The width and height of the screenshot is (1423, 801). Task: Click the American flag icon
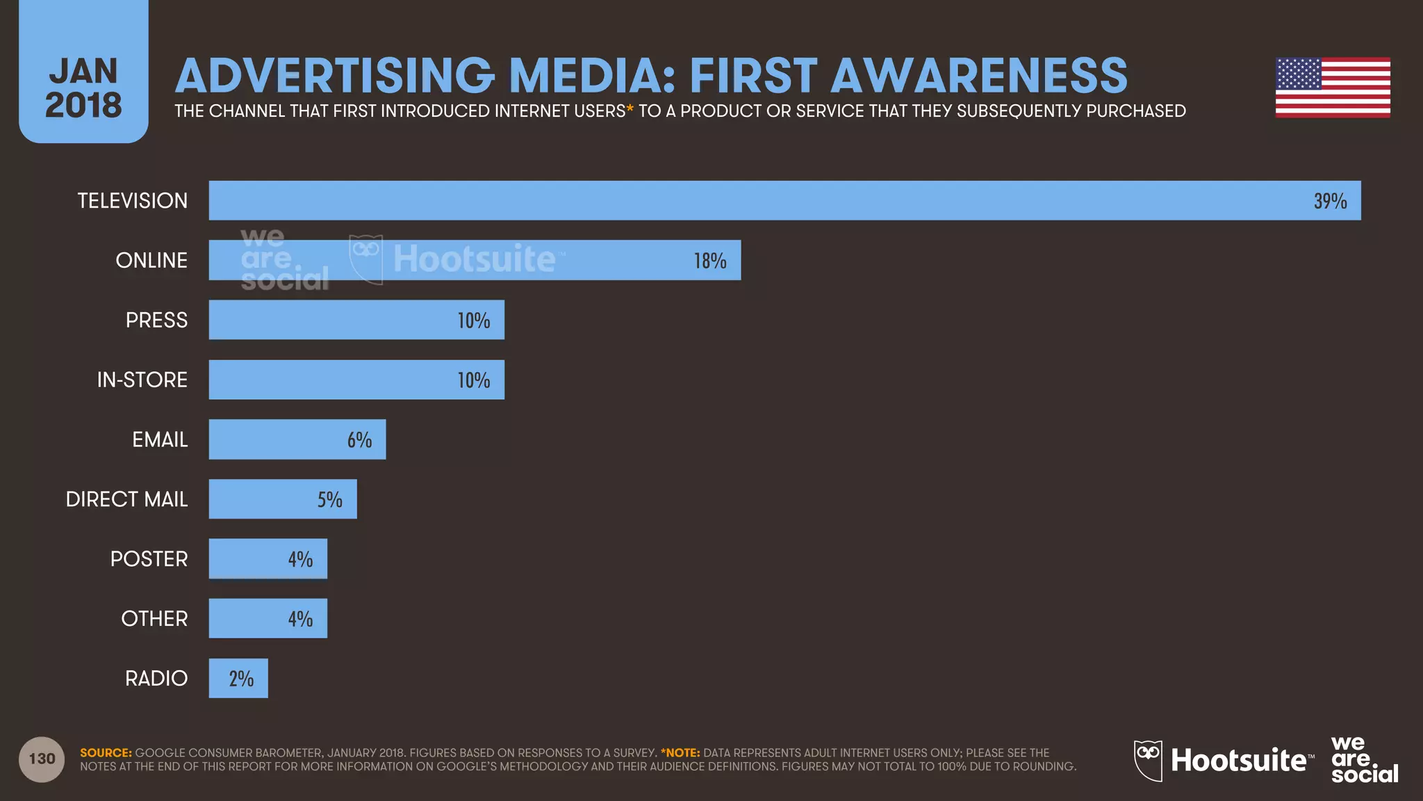pos(1333,88)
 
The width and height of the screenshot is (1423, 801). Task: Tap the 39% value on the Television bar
pos(1330,201)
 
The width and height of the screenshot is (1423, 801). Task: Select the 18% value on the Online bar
pos(710,261)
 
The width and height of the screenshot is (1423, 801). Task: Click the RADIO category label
pos(156,678)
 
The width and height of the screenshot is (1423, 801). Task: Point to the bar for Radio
pos(238,678)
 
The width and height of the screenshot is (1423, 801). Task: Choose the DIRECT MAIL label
pos(126,499)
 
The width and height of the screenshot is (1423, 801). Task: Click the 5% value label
pos(330,499)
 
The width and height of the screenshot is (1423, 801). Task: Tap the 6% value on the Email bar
pos(360,439)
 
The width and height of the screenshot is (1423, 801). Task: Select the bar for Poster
pos(268,558)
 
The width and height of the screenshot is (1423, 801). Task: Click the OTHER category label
pos(154,618)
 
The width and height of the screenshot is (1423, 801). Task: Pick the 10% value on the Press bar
pos(474,321)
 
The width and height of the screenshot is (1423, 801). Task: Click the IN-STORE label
pos(142,380)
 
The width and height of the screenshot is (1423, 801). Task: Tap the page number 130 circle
pos(42,759)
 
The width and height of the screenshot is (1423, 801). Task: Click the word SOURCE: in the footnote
pos(106,752)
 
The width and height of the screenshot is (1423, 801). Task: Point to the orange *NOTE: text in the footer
pos(680,752)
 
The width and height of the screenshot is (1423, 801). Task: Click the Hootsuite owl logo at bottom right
pos(1148,760)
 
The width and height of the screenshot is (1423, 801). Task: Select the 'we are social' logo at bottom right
pos(1363,759)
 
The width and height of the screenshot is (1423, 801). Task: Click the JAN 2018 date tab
pos(83,88)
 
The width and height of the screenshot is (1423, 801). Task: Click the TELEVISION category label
pos(132,201)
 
